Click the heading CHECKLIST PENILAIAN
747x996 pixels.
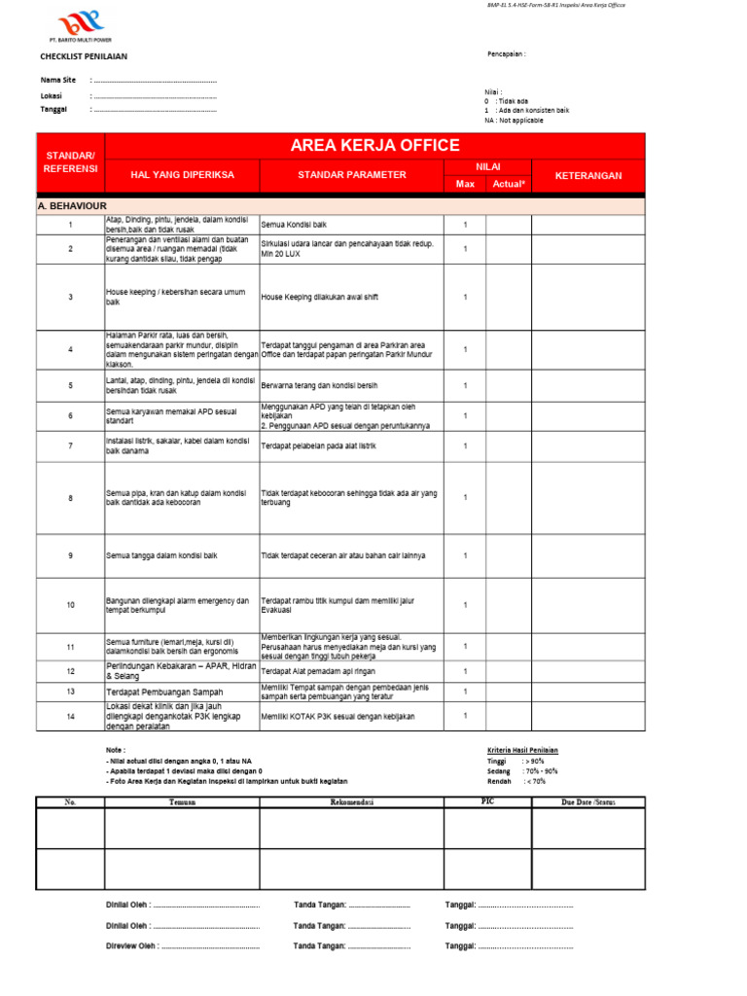(x=84, y=56)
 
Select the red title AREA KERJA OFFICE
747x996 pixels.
(x=374, y=146)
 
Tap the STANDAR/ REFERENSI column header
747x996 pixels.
(x=70, y=162)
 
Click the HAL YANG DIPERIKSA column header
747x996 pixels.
(x=181, y=175)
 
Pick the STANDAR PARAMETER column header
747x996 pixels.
(x=352, y=175)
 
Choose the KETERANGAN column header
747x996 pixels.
(x=587, y=176)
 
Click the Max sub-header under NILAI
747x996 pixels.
(x=465, y=184)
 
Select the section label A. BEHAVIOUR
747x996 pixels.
(x=72, y=206)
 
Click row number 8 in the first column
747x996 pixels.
(x=70, y=498)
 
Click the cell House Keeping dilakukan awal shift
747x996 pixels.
(x=319, y=298)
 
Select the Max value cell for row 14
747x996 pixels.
(x=465, y=716)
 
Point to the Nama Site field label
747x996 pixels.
(x=58, y=80)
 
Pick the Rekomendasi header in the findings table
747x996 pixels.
(x=351, y=802)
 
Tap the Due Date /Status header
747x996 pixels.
(x=588, y=802)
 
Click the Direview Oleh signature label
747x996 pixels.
(x=132, y=945)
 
